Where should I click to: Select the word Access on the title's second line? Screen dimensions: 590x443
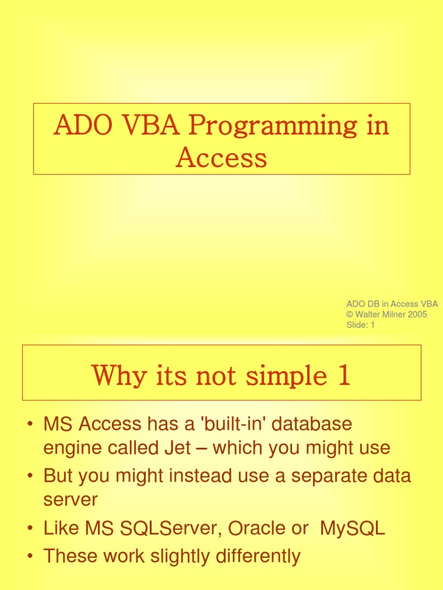(221, 157)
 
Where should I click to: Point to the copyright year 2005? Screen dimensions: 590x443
(416, 315)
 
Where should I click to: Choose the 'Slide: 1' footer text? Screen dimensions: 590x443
(361, 325)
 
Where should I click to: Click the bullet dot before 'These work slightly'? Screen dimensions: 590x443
(29, 557)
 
